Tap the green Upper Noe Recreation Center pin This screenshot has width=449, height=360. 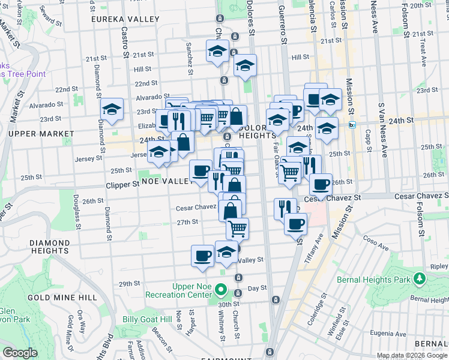pyautogui.click(x=220, y=291)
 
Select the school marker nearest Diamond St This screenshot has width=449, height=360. pyautogui.click(x=112, y=110)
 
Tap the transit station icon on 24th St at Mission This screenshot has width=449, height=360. pyautogui.click(x=353, y=125)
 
